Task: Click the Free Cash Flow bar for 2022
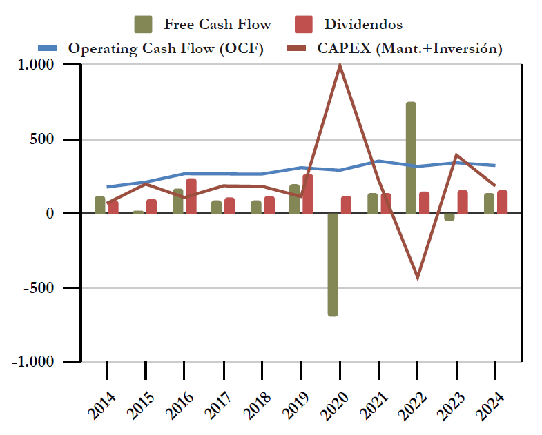point(411,158)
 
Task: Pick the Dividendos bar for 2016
point(191,196)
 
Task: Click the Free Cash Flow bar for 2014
point(100,205)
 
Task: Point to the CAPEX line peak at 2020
point(340,65)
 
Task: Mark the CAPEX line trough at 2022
point(417,277)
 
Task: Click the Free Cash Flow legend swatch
point(143,24)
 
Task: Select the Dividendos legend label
point(362,24)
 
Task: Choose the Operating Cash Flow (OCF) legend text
point(166,48)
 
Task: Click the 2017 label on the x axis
point(218,401)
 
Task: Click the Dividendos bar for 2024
point(502,202)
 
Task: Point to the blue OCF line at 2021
point(378,161)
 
